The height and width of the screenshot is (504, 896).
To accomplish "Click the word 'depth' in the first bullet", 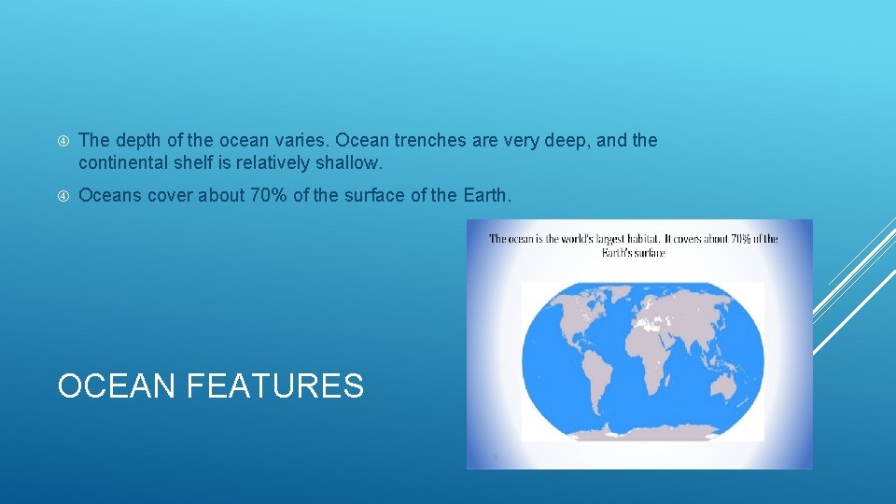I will click(x=135, y=141).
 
